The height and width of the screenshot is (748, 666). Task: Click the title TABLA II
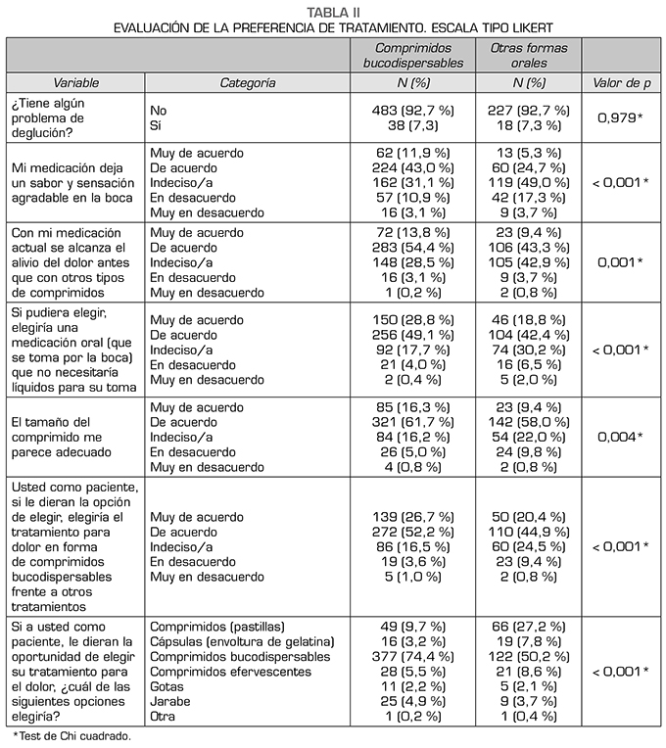[332, 11]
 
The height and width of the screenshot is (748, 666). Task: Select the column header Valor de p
[621, 84]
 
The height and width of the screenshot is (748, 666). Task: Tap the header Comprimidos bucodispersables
[411, 55]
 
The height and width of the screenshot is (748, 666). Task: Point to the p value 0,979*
[621, 118]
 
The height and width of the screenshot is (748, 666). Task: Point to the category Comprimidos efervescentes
[230, 672]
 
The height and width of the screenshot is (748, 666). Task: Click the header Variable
[75, 84]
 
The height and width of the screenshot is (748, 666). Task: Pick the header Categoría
[247, 84]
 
